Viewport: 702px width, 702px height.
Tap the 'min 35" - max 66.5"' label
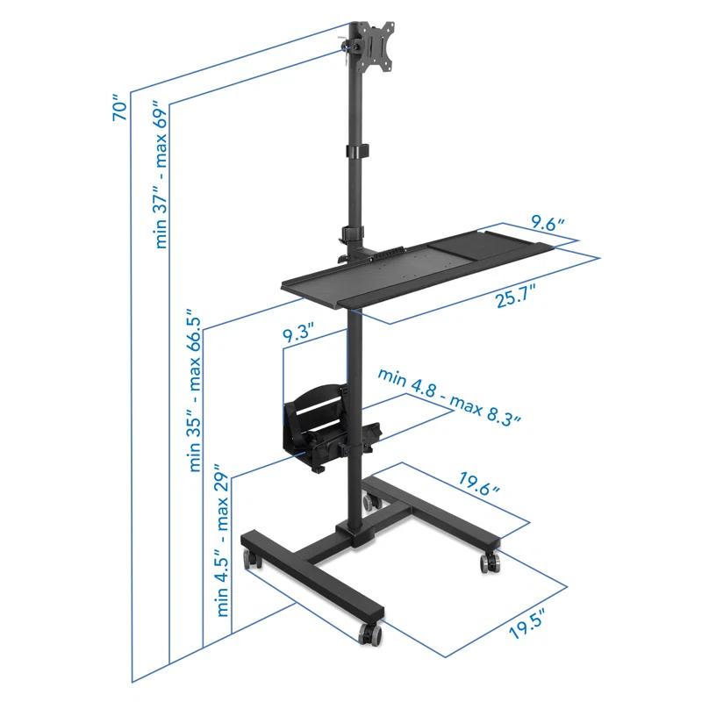coord(196,395)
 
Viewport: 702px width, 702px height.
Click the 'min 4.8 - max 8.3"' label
coord(450,397)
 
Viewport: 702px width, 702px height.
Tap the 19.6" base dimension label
coord(476,483)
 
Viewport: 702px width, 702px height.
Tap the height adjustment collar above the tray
coord(354,235)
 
